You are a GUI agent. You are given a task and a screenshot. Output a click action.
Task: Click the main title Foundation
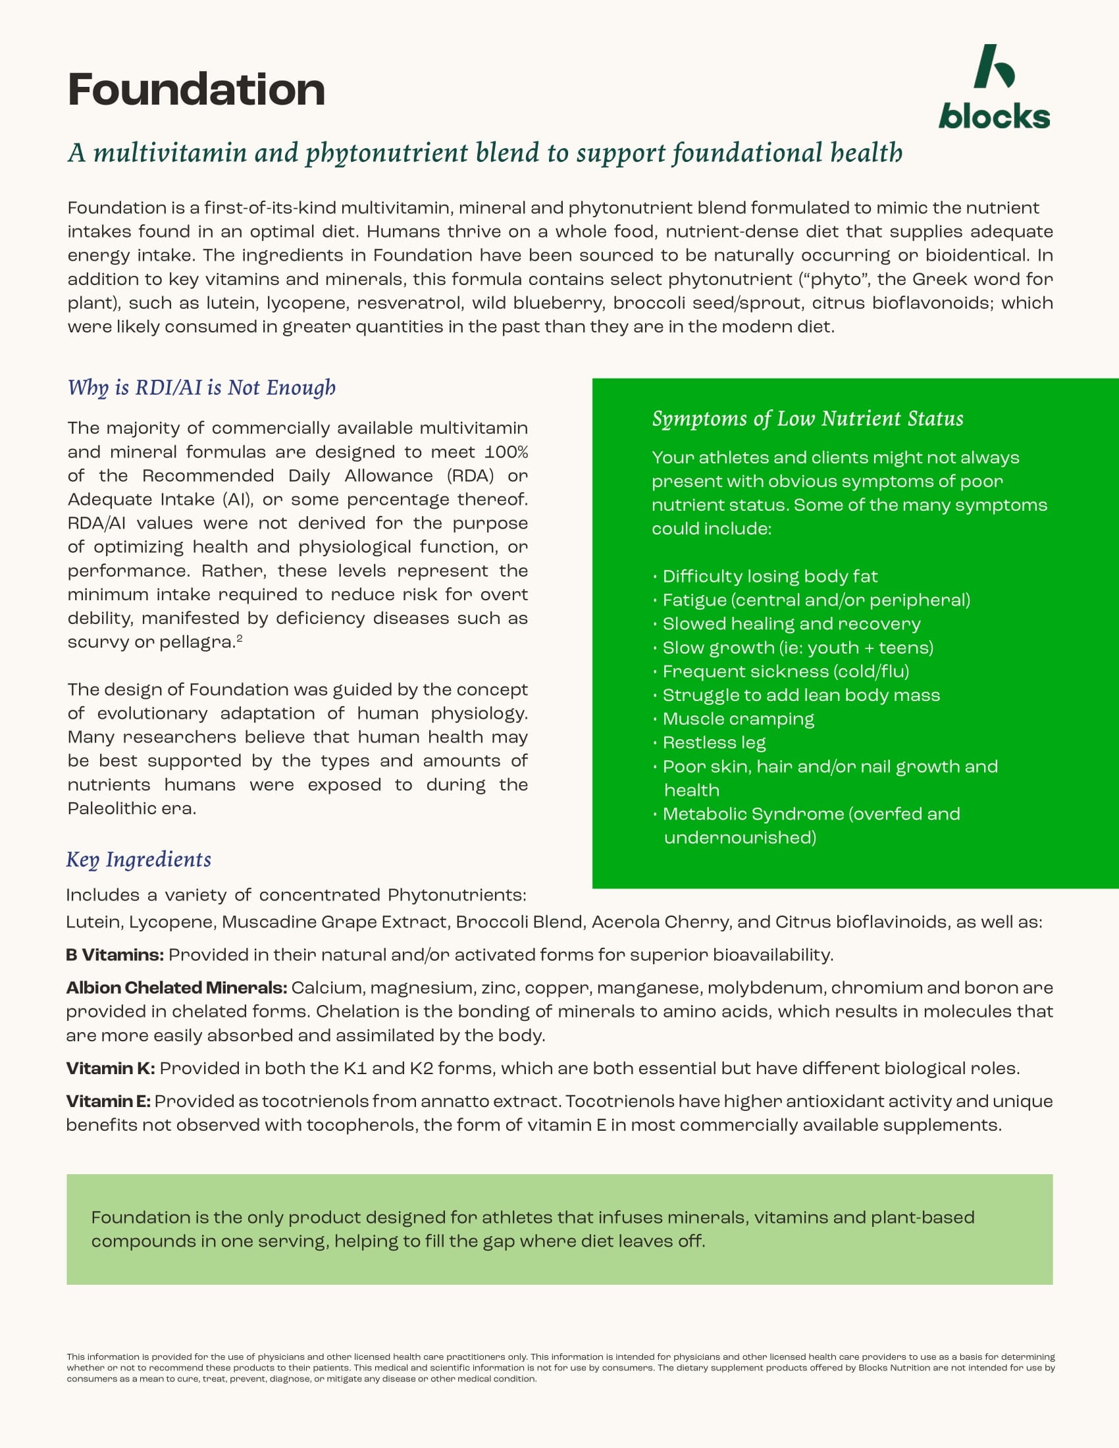point(196,90)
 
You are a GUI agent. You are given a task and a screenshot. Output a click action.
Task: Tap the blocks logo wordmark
point(994,116)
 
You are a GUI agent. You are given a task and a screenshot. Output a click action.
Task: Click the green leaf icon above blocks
point(994,66)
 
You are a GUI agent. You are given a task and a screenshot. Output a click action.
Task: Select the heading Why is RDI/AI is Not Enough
point(201,387)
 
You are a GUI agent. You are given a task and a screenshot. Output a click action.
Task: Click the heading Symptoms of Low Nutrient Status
point(808,419)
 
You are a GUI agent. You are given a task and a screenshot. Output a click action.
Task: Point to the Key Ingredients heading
point(138,859)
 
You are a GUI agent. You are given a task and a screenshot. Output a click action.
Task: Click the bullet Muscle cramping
point(738,719)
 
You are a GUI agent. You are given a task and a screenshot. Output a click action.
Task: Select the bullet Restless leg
point(714,742)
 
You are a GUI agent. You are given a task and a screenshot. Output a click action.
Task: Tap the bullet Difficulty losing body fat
point(769,576)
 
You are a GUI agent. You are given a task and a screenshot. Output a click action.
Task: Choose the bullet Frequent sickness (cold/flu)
point(785,671)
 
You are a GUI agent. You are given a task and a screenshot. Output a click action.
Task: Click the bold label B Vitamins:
point(115,955)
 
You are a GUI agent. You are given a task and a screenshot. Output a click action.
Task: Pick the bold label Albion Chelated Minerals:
point(176,988)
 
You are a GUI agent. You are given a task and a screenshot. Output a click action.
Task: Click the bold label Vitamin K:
point(111,1068)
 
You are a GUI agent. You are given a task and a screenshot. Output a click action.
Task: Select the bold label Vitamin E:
point(109,1101)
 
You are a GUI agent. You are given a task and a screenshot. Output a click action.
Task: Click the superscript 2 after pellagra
point(240,638)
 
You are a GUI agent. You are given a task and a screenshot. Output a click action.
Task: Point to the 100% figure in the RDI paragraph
point(506,452)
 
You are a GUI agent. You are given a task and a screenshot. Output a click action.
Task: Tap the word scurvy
point(90,642)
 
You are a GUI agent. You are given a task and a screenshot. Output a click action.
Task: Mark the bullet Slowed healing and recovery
point(791,624)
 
